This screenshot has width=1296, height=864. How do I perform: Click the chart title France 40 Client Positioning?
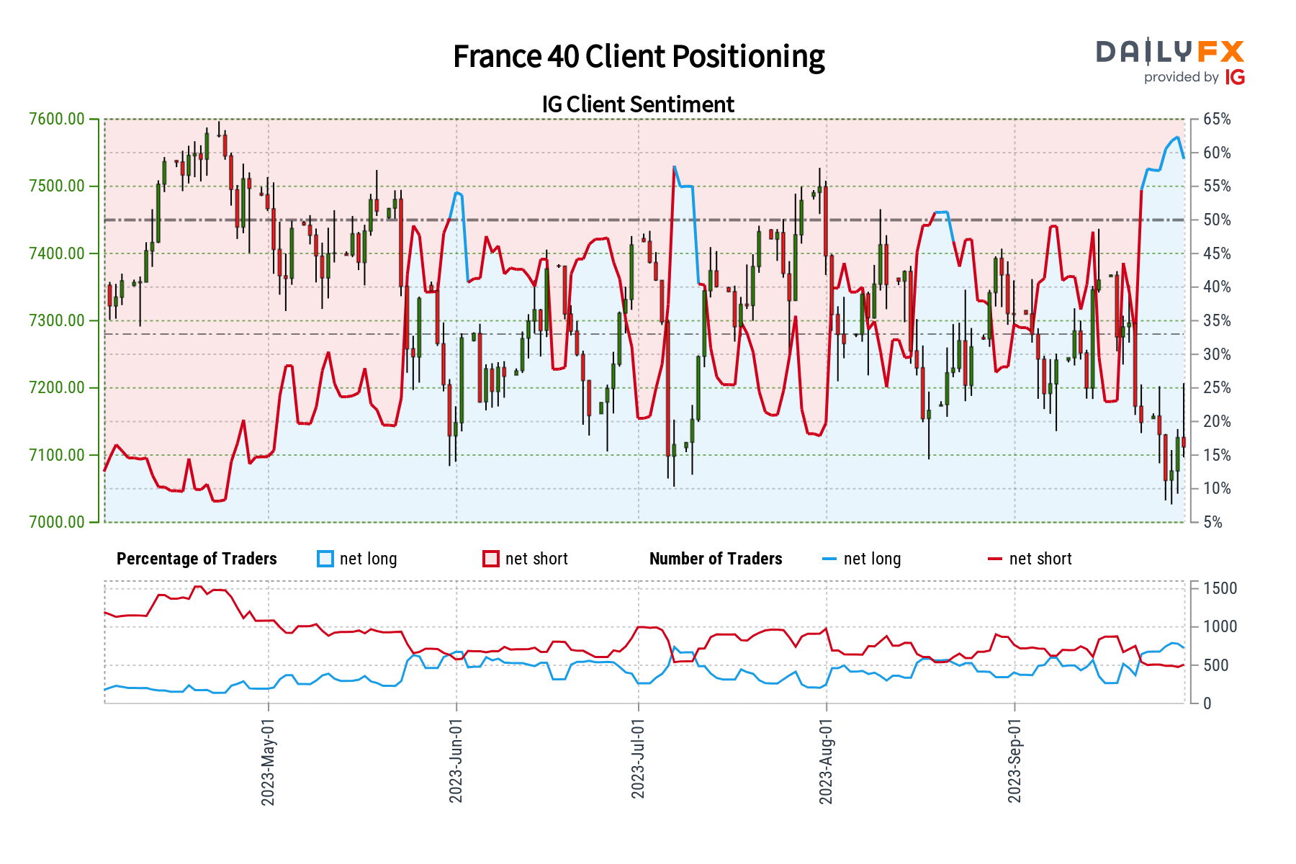click(639, 57)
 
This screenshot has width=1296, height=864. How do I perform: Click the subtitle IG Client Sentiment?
click(638, 104)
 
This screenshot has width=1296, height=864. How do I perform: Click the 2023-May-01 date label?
click(269, 762)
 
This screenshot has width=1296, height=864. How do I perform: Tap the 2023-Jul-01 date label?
click(638, 759)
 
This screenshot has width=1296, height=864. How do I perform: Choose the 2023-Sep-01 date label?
click(1014, 762)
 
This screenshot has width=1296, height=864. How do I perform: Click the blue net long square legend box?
click(325, 559)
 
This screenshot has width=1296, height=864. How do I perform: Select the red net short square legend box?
click(491, 559)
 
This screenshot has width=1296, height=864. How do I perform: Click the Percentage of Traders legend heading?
click(197, 559)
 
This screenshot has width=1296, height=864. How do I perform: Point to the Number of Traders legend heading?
click(716, 559)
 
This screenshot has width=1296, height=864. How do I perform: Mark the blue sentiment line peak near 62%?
click(1177, 137)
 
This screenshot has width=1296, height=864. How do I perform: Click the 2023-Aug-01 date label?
click(826, 762)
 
